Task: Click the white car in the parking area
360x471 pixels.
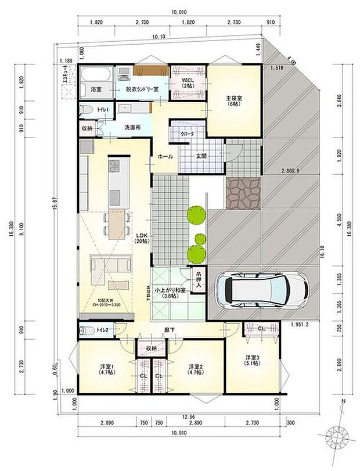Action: pyautogui.click(x=260, y=289)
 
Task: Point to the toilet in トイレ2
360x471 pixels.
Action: pyautogui.click(x=87, y=330)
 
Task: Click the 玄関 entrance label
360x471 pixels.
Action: pyautogui.click(x=201, y=155)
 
